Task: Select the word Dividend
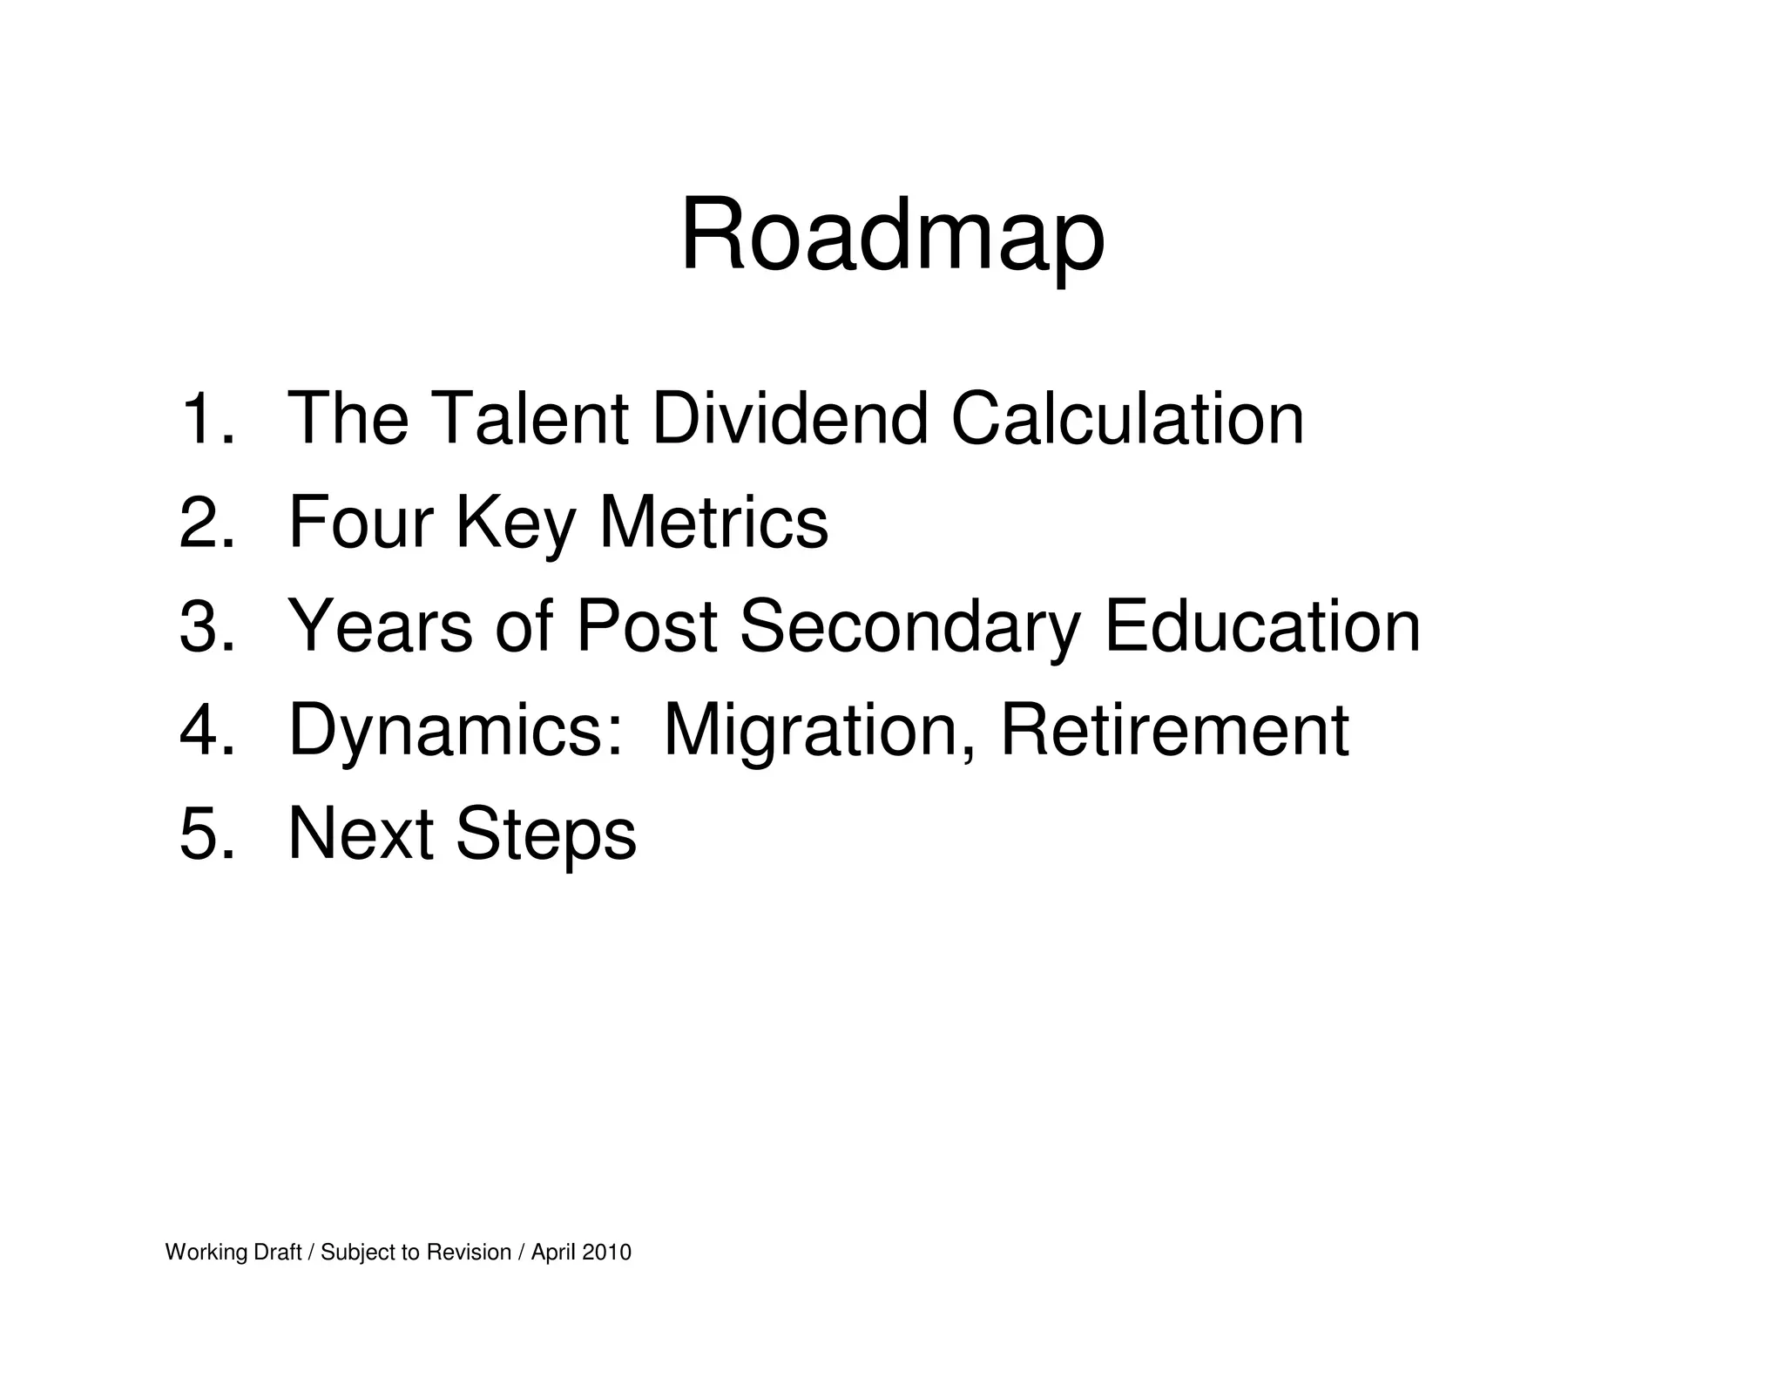[789, 419]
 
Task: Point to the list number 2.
[206, 523]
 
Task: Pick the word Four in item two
[361, 523]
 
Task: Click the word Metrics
[713, 523]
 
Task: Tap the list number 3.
[206, 626]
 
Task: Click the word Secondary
[909, 626]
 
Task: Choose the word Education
[1262, 626]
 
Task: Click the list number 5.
[206, 834]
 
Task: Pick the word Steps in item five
[545, 834]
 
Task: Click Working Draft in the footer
[233, 1253]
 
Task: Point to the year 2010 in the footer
[606, 1253]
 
